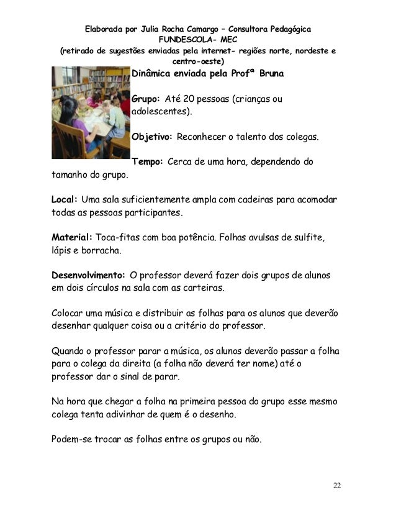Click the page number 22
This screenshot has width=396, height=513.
coord(336,485)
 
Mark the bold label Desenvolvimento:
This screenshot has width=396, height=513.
coord(88,275)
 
